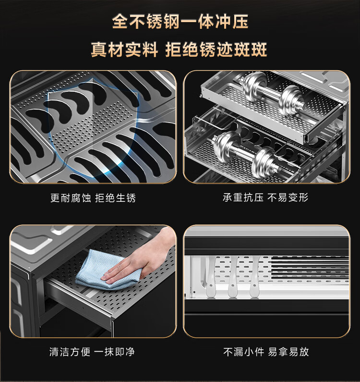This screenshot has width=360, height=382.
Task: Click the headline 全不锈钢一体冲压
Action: (x=180, y=22)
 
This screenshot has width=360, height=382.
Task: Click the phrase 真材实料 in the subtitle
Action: (x=125, y=49)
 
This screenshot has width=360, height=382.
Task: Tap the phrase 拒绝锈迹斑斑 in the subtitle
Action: (x=216, y=49)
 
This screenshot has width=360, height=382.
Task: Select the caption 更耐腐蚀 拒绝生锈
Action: (x=93, y=198)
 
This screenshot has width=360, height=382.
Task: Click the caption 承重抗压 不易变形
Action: (x=265, y=197)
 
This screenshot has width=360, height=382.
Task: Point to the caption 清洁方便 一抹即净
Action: (x=92, y=352)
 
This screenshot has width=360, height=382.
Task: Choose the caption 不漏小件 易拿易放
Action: (x=266, y=352)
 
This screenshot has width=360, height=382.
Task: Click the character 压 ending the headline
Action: (x=240, y=22)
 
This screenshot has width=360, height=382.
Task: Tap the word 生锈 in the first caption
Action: (x=126, y=198)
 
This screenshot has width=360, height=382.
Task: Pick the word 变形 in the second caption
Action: (x=299, y=197)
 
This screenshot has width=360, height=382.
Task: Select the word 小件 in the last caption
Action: (x=254, y=352)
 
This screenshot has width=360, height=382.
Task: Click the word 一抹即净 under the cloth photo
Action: (x=114, y=352)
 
